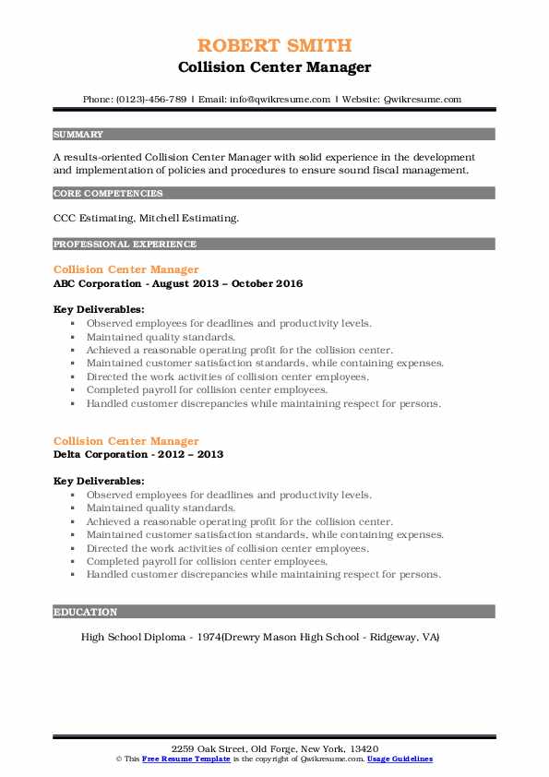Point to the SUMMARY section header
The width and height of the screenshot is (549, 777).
[x=78, y=134]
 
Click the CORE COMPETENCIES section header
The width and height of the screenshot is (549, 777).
[x=108, y=194]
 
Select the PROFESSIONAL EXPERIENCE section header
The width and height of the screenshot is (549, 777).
[x=125, y=244]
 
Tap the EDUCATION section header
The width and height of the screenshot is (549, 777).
[x=86, y=612]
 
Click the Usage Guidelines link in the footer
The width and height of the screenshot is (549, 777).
[x=400, y=759]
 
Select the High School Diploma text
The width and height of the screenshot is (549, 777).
[x=132, y=637]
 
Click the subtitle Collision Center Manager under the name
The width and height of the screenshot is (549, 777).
[x=274, y=66]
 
